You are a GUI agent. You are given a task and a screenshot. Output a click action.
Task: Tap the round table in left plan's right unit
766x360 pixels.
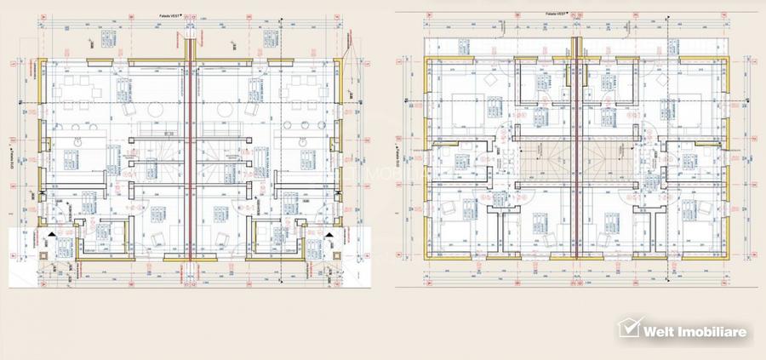point(224,111)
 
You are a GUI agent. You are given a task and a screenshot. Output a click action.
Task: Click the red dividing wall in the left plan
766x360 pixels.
point(189,153)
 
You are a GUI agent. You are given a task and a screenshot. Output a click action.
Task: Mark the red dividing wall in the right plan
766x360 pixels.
point(576,153)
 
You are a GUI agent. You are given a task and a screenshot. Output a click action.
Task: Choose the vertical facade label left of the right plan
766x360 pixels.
point(400,153)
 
